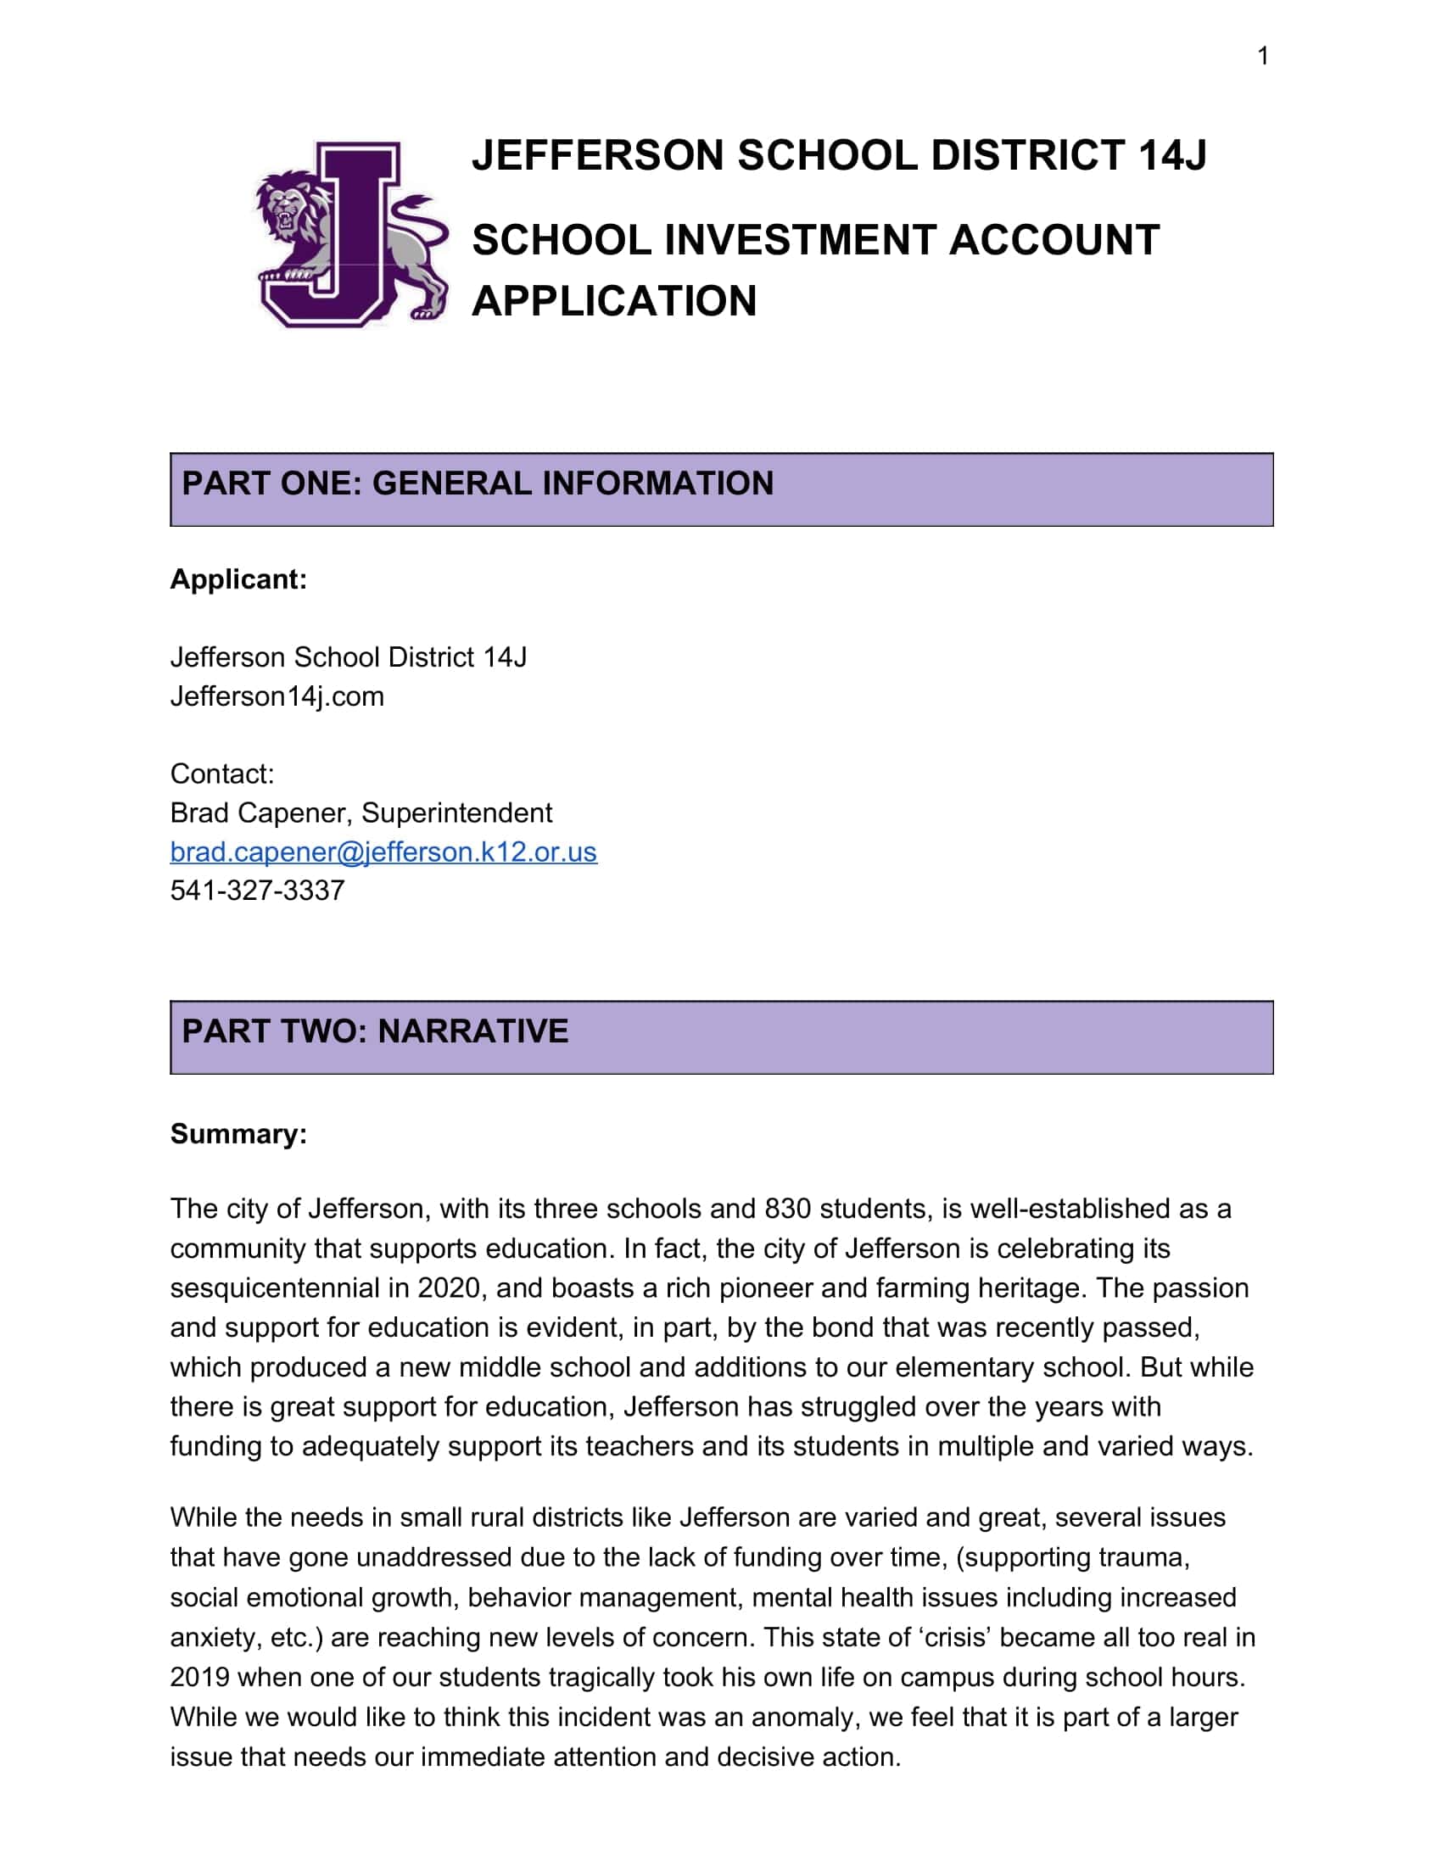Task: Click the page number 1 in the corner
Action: click(1263, 56)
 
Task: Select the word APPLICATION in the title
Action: click(613, 301)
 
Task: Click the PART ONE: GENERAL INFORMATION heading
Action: click(478, 483)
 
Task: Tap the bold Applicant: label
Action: click(238, 579)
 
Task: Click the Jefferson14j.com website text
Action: click(277, 696)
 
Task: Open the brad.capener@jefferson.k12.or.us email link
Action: click(383, 852)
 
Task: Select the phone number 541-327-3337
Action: click(257, 891)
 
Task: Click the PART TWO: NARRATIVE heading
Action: click(374, 1031)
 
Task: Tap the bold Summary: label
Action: click(238, 1134)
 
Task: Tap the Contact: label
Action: click(222, 774)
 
